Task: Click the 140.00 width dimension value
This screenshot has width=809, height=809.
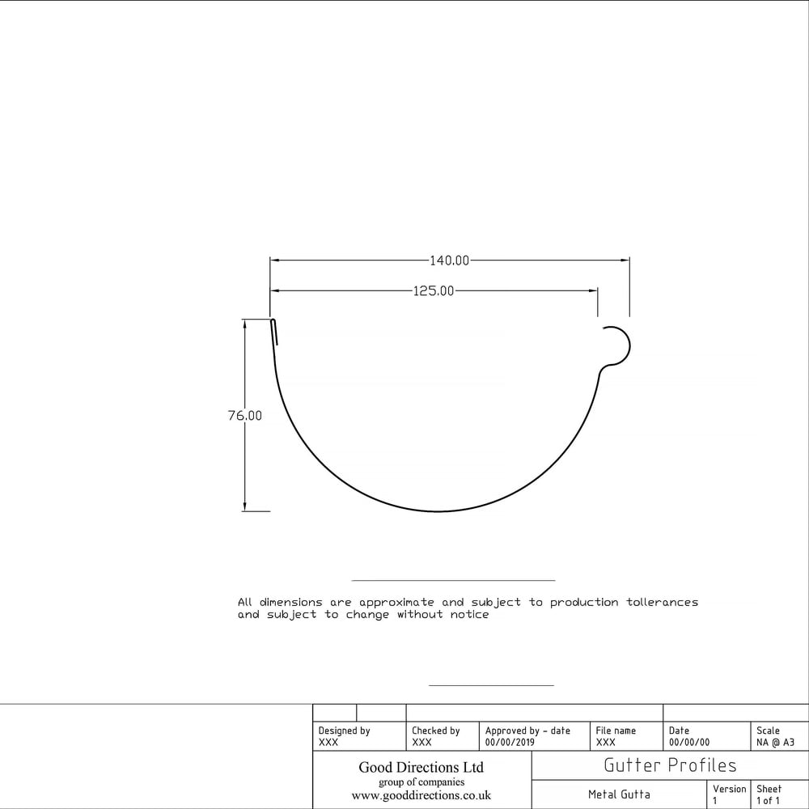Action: (450, 260)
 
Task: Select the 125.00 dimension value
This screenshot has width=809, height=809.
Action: (434, 290)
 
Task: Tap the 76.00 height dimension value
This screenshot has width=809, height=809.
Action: (245, 416)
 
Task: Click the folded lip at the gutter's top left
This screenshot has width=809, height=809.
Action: (274, 331)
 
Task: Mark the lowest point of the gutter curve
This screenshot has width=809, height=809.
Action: (438, 511)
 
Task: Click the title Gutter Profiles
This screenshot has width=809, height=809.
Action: (670, 765)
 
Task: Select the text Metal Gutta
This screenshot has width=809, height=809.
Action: (619, 794)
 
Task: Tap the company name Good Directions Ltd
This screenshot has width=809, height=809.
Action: (421, 767)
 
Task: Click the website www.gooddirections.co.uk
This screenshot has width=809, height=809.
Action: (421, 796)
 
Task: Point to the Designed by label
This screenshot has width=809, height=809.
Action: (344, 731)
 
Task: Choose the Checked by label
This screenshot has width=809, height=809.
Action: (435, 731)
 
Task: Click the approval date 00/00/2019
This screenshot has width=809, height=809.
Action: (510, 742)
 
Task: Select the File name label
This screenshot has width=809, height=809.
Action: (616, 731)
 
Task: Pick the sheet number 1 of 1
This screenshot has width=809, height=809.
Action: (769, 801)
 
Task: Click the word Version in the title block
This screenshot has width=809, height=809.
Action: (729, 789)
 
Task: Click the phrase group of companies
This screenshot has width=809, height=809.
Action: (421, 782)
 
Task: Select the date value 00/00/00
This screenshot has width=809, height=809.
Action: (688, 742)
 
